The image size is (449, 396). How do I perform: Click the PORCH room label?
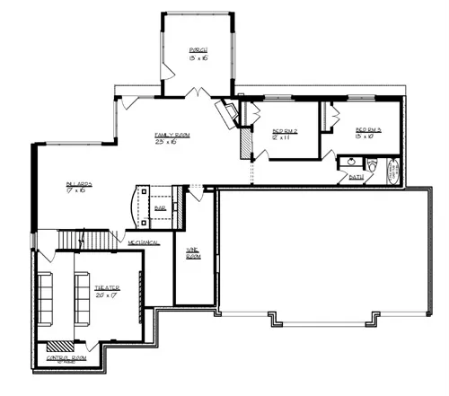point(198,52)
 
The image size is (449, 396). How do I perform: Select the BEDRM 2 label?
point(284,134)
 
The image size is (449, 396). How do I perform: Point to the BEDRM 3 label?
point(368,133)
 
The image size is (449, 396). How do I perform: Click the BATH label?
point(357,178)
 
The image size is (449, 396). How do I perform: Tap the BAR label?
point(160,207)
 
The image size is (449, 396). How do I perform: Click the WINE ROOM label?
point(193,252)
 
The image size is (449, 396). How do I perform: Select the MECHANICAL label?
point(143,242)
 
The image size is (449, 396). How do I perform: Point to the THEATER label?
point(107,291)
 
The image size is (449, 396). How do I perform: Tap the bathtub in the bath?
point(392,170)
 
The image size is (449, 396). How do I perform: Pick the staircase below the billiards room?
point(87,239)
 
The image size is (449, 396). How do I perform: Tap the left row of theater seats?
point(48,296)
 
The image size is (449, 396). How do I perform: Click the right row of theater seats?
point(81,296)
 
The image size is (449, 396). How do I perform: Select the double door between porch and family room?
point(198,91)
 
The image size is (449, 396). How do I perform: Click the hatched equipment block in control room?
point(60,345)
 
